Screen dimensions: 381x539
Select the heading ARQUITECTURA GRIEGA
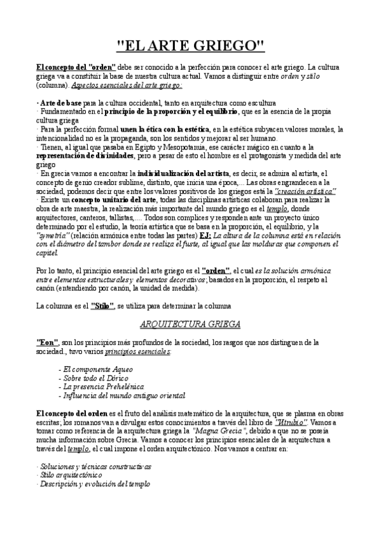point(190,324)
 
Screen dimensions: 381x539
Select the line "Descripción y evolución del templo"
point(94,484)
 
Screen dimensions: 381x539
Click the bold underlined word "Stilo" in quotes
point(102,306)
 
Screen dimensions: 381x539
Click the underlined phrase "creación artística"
point(305,191)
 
